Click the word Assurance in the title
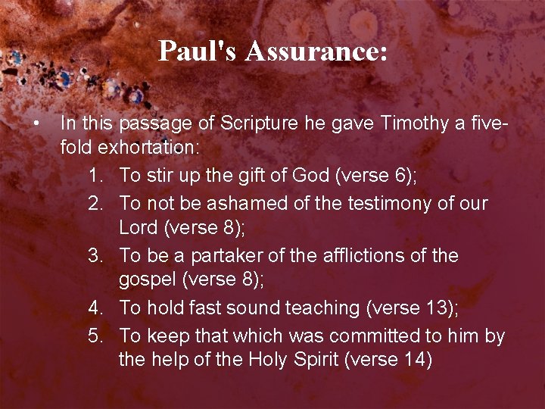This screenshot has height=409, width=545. click(316, 52)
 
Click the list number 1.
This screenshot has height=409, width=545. click(94, 176)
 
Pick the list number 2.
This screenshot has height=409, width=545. click(94, 204)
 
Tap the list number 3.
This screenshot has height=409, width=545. click(94, 256)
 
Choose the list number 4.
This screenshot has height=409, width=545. click(94, 308)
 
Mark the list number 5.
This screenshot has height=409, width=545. click(94, 336)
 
